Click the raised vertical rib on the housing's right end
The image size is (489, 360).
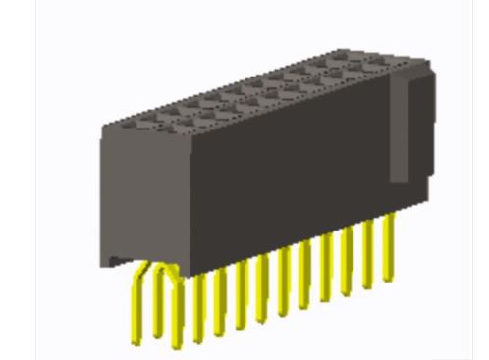tap(400, 128)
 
